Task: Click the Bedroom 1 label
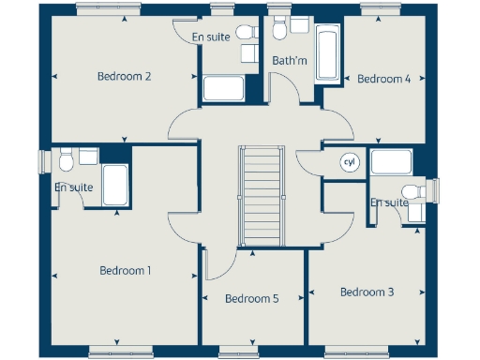pyautogui.click(x=126, y=271)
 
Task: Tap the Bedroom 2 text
pyautogui.click(x=125, y=77)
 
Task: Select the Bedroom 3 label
pyautogui.click(x=367, y=292)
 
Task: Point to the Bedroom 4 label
pyautogui.click(x=383, y=80)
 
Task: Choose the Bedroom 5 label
pyautogui.click(x=251, y=299)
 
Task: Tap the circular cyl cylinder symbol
pyautogui.click(x=350, y=162)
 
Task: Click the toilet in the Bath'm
pyautogui.click(x=278, y=28)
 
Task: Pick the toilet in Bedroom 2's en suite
pyautogui.click(x=246, y=33)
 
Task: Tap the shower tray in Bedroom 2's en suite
pyautogui.click(x=223, y=90)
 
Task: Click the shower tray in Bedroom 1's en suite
pyautogui.click(x=115, y=186)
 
